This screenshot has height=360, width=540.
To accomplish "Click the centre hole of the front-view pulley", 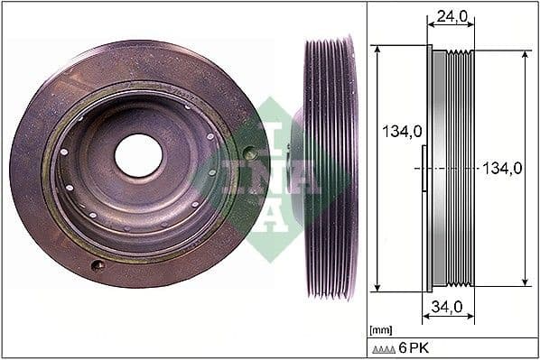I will click(x=138, y=155).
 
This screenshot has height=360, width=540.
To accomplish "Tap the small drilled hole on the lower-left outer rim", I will click(x=98, y=264).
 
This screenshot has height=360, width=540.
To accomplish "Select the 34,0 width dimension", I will click(x=448, y=308).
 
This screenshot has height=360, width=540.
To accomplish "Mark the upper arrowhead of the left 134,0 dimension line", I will click(x=377, y=51).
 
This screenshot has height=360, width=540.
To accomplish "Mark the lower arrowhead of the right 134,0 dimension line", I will click(x=526, y=282).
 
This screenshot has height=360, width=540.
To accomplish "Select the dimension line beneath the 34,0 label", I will click(x=448, y=318).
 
